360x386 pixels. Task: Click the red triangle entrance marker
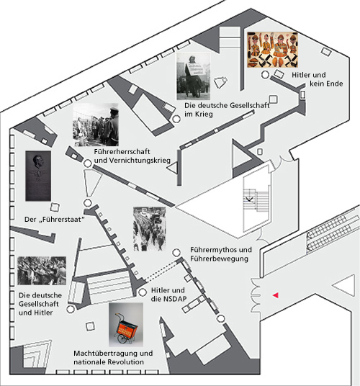click(x=276, y=295)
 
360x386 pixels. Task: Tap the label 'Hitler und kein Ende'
click(x=318, y=79)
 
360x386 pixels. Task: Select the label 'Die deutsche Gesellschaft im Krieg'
click(x=227, y=109)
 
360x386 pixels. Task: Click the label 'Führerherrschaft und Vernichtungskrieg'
click(x=132, y=156)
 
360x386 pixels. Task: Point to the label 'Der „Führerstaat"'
click(x=55, y=220)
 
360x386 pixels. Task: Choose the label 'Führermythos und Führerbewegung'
click(x=221, y=254)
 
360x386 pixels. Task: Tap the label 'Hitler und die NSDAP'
click(x=168, y=295)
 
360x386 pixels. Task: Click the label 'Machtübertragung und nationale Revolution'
click(x=113, y=357)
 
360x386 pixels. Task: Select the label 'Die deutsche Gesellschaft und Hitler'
click(x=40, y=304)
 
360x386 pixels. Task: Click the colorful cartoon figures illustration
click(x=272, y=50)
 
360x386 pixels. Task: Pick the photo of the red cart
click(x=126, y=325)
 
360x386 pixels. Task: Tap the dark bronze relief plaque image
click(x=38, y=176)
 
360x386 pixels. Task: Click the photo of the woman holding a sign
click(x=194, y=76)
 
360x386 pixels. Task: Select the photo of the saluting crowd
click(x=42, y=271)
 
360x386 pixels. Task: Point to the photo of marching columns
click(x=149, y=229)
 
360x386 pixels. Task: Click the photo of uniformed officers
click(x=96, y=125)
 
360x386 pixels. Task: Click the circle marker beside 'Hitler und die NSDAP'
click(x=143, y=292)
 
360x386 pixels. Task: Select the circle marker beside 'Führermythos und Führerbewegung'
click(x=176, y=252)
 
